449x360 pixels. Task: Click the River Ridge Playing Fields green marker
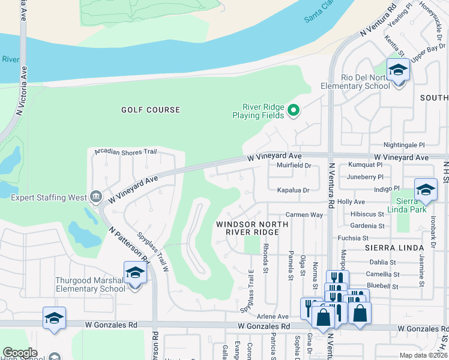point(294,110)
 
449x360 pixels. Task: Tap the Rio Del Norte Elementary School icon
point(398,70)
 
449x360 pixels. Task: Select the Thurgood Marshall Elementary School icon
point(135,273)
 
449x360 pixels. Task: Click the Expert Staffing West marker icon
point(95,196)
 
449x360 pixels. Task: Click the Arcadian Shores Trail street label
point(125,152)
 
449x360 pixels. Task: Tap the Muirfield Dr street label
point(294,166)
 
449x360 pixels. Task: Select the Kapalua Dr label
point(293,190)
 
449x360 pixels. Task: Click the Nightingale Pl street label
point(404,145)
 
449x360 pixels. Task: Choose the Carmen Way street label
point(305,214)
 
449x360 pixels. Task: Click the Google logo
point(20,353)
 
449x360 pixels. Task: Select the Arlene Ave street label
point(273,316)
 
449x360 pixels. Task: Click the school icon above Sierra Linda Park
point(426,190)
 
